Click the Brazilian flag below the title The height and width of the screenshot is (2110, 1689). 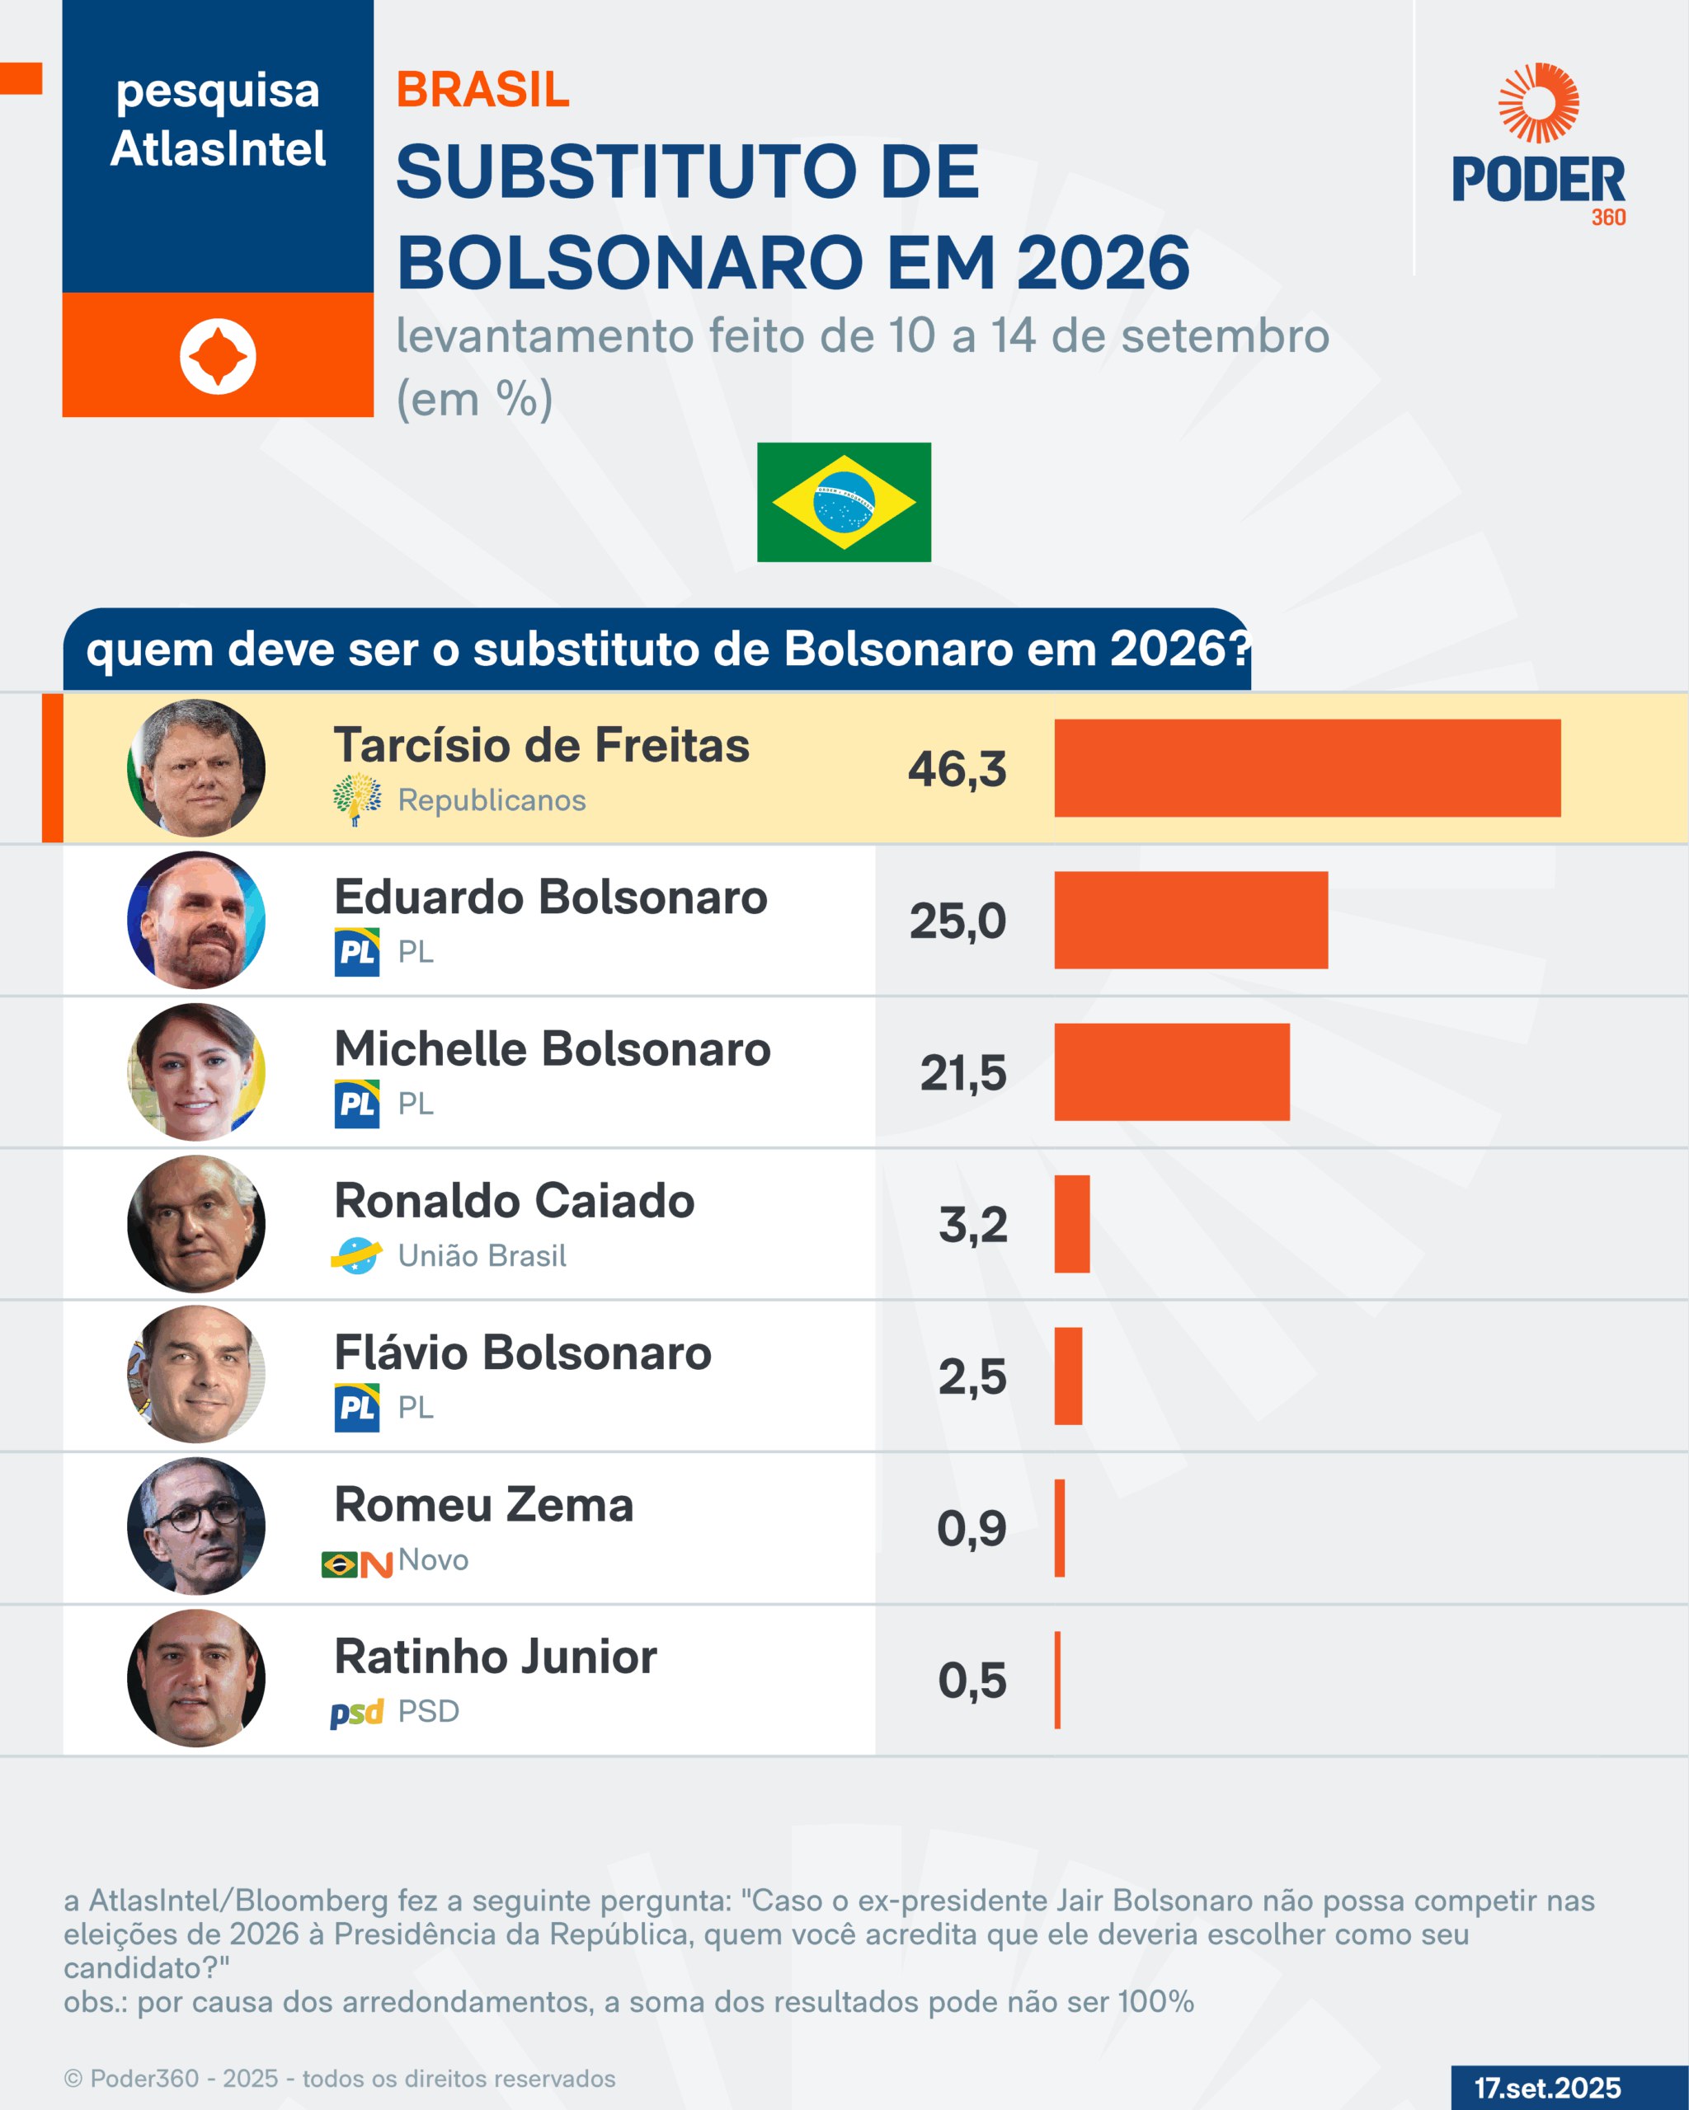pos(843,502)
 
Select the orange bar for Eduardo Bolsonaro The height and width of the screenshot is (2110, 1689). pos(1191,920)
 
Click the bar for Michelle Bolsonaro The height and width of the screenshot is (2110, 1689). pos(1171,1071)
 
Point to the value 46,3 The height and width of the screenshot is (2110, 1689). pos(957,769)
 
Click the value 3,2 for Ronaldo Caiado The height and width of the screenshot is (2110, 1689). pos(972,1224)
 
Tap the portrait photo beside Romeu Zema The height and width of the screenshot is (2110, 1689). pos(195,1526)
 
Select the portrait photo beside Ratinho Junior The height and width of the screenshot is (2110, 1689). pos(195,1678)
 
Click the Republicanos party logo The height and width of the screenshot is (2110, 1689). pos(356,799)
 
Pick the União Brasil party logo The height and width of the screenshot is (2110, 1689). pos(356,1255)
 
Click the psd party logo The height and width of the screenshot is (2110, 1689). pos(356,1713)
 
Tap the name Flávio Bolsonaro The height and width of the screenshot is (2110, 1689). pos(523,1353)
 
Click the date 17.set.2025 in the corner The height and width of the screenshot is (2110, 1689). pos(1547,2088)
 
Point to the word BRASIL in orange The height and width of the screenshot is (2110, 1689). pos(482,90)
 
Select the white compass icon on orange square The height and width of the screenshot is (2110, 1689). pos(218,356)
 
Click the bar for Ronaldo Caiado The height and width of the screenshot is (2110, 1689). pos(1071,1224)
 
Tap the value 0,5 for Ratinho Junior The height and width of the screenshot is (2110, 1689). pos(972,1681)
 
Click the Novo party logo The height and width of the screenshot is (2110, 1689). pos(357,1564)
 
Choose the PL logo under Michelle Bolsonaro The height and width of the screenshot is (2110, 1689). pos(356,1104)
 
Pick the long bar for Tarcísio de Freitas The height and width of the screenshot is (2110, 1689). pos(1307,768)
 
